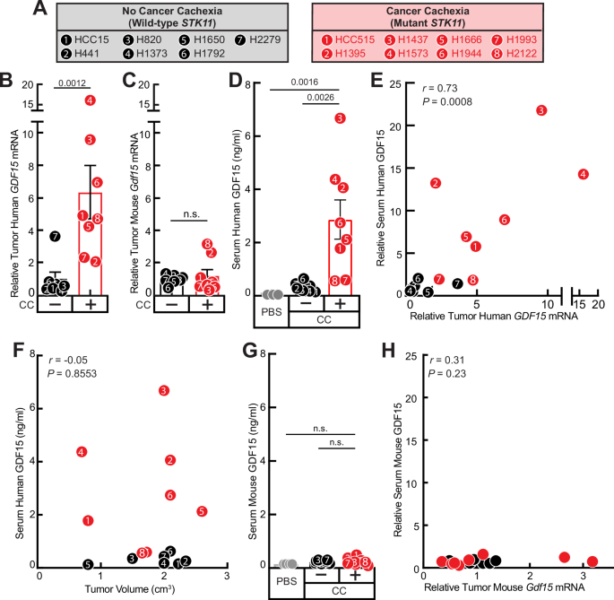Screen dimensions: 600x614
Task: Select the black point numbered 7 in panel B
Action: pos(56,236)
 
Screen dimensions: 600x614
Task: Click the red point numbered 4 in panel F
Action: pos(82,452)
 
